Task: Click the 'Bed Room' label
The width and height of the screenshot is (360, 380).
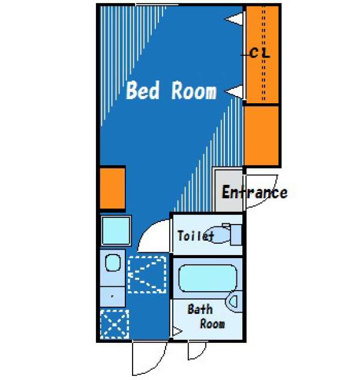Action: [171, 91]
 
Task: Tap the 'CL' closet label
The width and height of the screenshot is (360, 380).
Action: [260, 53]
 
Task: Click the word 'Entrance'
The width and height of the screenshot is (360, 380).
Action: [254, 192]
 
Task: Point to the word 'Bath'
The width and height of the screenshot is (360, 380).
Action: [200, 309]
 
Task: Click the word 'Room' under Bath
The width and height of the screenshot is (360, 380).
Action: [212, 324]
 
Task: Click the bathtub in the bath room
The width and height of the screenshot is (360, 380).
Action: [208, 278]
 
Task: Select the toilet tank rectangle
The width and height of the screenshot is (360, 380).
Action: [236, 235]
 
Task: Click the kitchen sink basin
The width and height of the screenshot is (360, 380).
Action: [113, 262]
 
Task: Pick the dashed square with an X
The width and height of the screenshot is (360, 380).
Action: [115, 324]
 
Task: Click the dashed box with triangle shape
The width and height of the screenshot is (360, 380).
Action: [147, 274]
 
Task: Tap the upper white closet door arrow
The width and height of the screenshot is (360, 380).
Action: [234, 19]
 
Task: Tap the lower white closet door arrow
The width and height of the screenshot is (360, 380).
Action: [234, 92]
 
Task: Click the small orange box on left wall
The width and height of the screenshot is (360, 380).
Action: [112, 188]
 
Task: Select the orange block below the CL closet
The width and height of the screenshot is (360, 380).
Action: [261, 136]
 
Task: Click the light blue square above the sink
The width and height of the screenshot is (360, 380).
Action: [116, 231]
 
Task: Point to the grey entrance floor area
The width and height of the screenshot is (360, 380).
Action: [229, 190]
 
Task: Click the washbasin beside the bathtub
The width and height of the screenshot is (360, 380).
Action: [234, 302]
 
